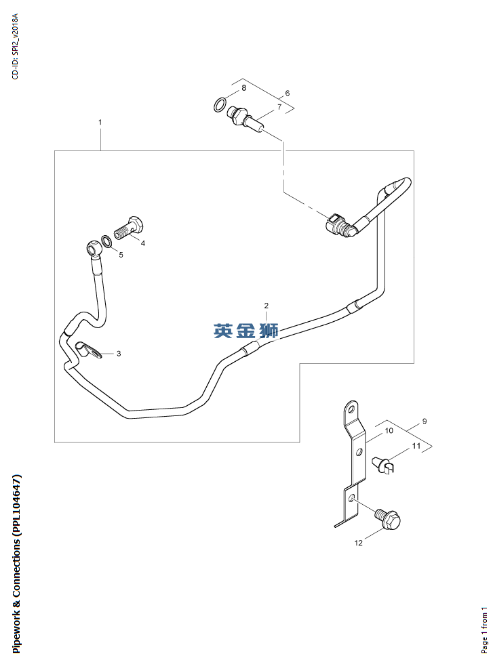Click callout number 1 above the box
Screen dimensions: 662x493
tap(100, 123)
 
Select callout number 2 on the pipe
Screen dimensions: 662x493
tap(267, 306)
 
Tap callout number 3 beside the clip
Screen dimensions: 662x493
tap(119, 354)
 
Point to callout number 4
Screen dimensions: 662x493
tap(142, 243)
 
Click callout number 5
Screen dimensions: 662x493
tap(121, 255)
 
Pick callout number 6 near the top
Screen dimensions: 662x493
tap(288, 93)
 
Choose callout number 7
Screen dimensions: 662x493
tap(279, 107)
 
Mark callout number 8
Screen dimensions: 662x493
tap(243, 88)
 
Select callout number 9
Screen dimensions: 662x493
tap(425, 421)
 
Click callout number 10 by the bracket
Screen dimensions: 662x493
tap(389, 430)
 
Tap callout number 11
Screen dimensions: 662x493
tap(416, 446)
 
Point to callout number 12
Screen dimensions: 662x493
tap(359, 542)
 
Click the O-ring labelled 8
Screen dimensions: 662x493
tap(220, 105)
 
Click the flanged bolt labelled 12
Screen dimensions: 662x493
tap(388, 519)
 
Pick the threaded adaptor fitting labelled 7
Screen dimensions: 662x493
tap(245, 119)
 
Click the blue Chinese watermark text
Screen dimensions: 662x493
tap(245, 331)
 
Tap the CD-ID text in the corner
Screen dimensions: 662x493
tap(15, 46)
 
